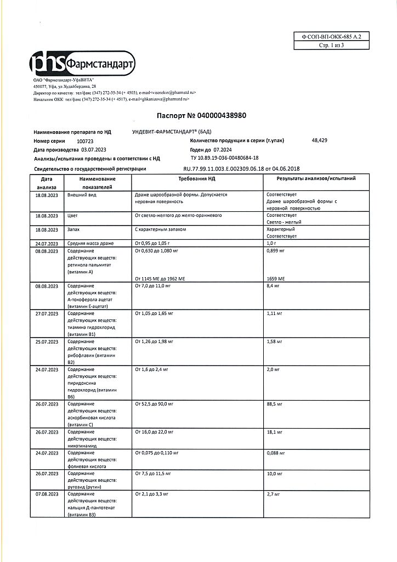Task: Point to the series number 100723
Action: (86, 142)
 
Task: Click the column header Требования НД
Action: (196, 179)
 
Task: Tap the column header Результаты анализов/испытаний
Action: (316, 179)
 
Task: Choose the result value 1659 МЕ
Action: (277, 279)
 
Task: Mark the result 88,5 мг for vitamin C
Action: (274, 404)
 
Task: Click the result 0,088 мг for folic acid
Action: (276, 453)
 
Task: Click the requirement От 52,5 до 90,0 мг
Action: (154, 404)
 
